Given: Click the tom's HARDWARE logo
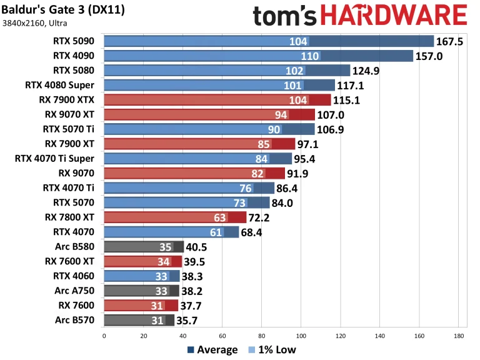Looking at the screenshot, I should (360, 16).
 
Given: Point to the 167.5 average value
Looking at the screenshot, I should (451, 41).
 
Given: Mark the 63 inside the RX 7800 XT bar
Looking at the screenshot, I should (237, 217).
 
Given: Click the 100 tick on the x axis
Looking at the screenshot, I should (301, 336).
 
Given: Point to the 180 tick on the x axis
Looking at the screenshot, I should (458, 336).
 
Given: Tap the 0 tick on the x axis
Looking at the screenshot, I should (104, 336).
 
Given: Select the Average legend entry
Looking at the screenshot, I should (212, 349).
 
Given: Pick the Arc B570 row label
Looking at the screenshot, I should (76, 320).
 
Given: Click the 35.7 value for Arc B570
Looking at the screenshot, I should (191, 321).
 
